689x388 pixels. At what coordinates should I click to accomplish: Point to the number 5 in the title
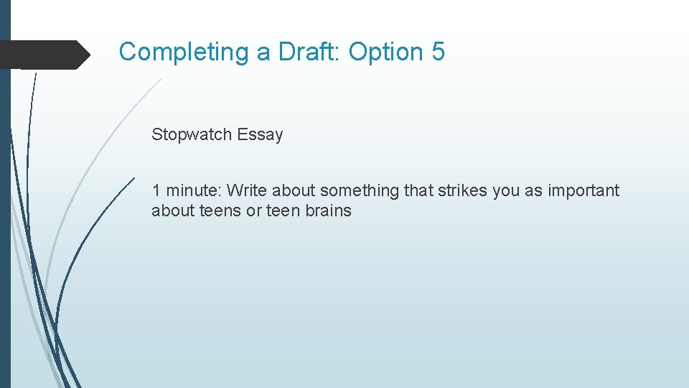click(x=439, y=52)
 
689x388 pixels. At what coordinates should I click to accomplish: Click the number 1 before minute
click(x=156, y=190)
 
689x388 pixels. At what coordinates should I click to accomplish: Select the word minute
click(x=194, y=190)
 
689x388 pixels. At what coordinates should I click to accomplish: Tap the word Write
click(x=248, y=190)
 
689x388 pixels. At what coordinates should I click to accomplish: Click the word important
click(x=583, y=190)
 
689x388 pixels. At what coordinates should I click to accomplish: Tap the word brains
click(x=329, y=211)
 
